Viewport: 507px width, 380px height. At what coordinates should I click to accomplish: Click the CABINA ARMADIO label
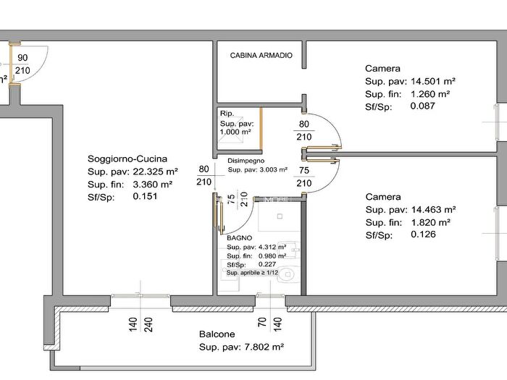click(261, 55)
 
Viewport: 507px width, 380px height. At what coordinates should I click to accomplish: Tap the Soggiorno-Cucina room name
click(127, 159)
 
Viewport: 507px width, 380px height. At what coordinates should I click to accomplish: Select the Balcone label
click(217, 334)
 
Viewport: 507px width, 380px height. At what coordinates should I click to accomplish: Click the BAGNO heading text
click(239, 238)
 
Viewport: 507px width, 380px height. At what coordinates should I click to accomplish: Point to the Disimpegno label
click(246, 161)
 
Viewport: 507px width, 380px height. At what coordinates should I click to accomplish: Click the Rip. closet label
click(227, 114)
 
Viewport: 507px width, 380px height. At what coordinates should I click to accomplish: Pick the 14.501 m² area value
click(433, 81)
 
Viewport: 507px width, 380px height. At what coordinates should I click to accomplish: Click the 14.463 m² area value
click(433, 210)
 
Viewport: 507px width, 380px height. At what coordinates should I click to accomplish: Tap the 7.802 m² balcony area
click(264, 347)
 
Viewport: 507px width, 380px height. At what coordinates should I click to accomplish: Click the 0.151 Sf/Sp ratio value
click(145, 196)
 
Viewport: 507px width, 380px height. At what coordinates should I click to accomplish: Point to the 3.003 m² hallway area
click(274, 169)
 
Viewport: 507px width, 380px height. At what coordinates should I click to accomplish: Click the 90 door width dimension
click(22, 58)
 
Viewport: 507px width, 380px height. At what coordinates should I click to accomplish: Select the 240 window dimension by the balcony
click(148, 325)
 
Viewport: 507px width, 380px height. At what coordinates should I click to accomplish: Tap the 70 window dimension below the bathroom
click(262, 322)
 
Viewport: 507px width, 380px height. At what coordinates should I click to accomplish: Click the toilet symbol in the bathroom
click(288, 274)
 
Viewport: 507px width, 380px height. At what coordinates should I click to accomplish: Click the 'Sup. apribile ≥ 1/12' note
click(252, 273)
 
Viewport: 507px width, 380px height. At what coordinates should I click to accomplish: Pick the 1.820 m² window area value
click(431, 223)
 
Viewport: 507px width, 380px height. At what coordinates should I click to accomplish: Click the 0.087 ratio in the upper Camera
click(422, 106)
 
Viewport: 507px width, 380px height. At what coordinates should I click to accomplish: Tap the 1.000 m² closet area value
click(235, 132)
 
